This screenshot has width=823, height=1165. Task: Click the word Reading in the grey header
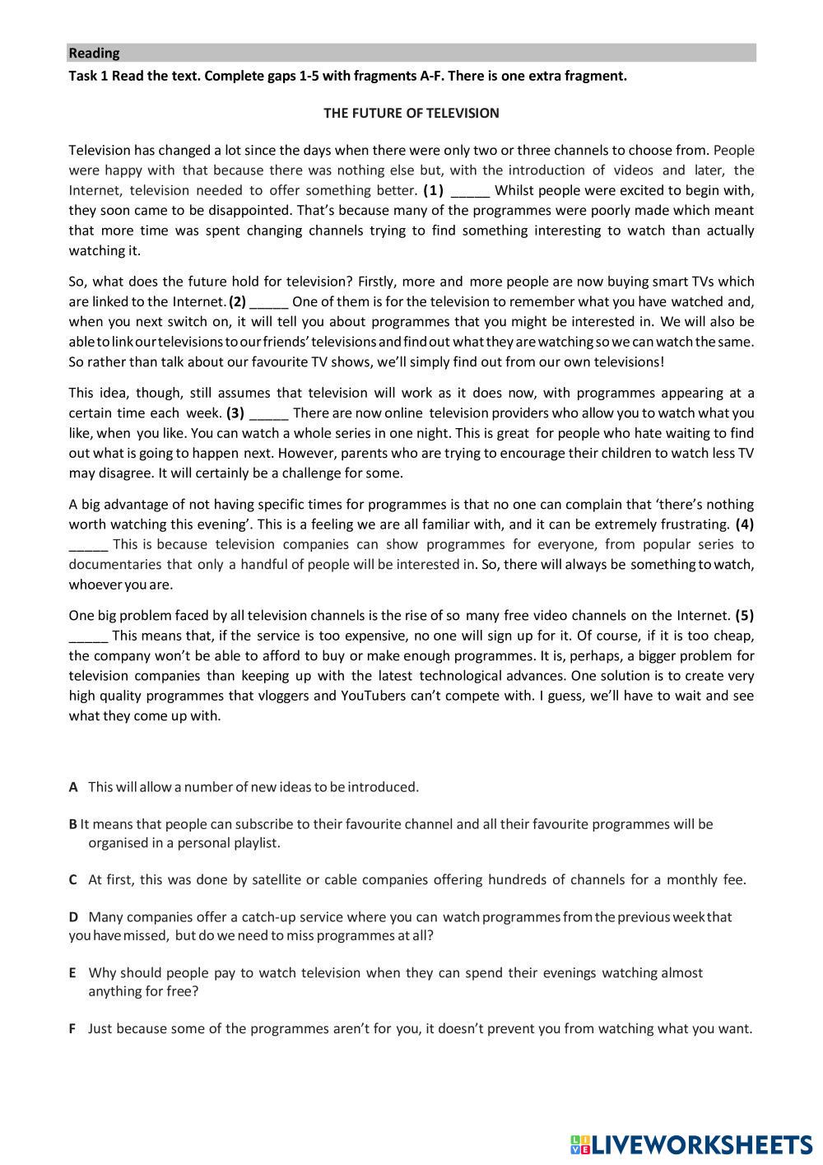[x=94, y=54]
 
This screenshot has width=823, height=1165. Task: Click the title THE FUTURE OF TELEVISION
[x=411, y=114]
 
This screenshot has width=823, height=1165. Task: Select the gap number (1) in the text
[x=434, y=191]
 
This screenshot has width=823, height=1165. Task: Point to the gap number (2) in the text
[x=237, y=302]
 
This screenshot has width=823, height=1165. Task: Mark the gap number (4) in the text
[x=744, y=524]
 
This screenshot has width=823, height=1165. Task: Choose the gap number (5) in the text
[x=744, y=616]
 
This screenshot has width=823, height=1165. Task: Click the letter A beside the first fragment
[x=73, y=787]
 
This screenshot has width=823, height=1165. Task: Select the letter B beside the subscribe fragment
[x=73, y=824]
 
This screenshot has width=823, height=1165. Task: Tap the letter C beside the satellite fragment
[x=73, y=880]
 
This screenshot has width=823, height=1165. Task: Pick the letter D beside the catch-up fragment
[x=73, y=917]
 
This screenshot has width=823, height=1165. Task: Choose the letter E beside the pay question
[x=73, y=973]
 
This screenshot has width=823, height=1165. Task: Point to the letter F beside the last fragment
[x=72, y=1029]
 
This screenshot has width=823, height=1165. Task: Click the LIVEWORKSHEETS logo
[x=690, y=1144]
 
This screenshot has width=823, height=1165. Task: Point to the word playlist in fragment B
[x=255, y=843]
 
